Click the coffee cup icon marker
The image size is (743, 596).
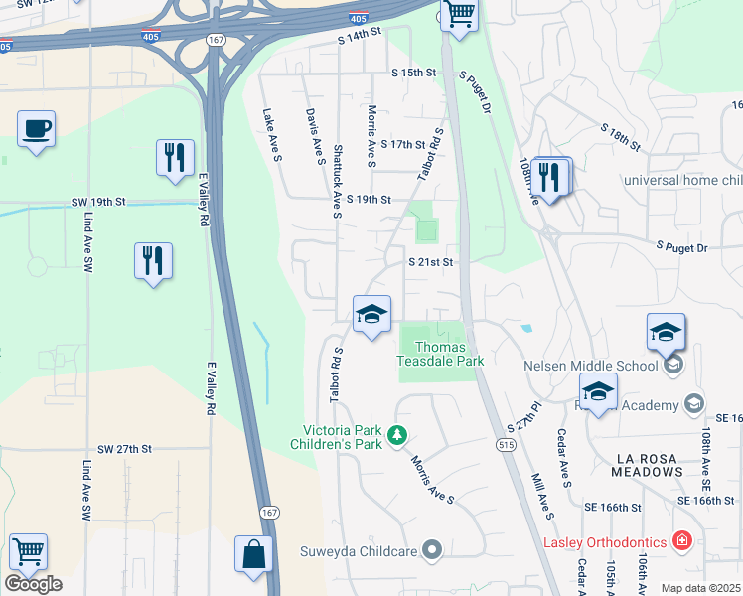click(36, 129)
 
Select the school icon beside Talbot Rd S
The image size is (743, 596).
click(371, 315)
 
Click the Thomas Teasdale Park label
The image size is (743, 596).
click(441, 354)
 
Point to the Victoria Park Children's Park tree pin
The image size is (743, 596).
click(397, 435)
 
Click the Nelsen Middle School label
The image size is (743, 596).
click(590, 366)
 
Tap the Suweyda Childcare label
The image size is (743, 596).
click(362, 549)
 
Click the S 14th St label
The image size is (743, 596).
click(360, 35)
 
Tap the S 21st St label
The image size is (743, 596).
click(431, 262)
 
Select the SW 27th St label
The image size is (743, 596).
click(125, 449)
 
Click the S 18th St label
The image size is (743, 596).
click(623, 137)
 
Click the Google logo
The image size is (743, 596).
click(33, 583)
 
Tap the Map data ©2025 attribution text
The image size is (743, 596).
click(700, 588)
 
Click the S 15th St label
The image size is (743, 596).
click(413, 74)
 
